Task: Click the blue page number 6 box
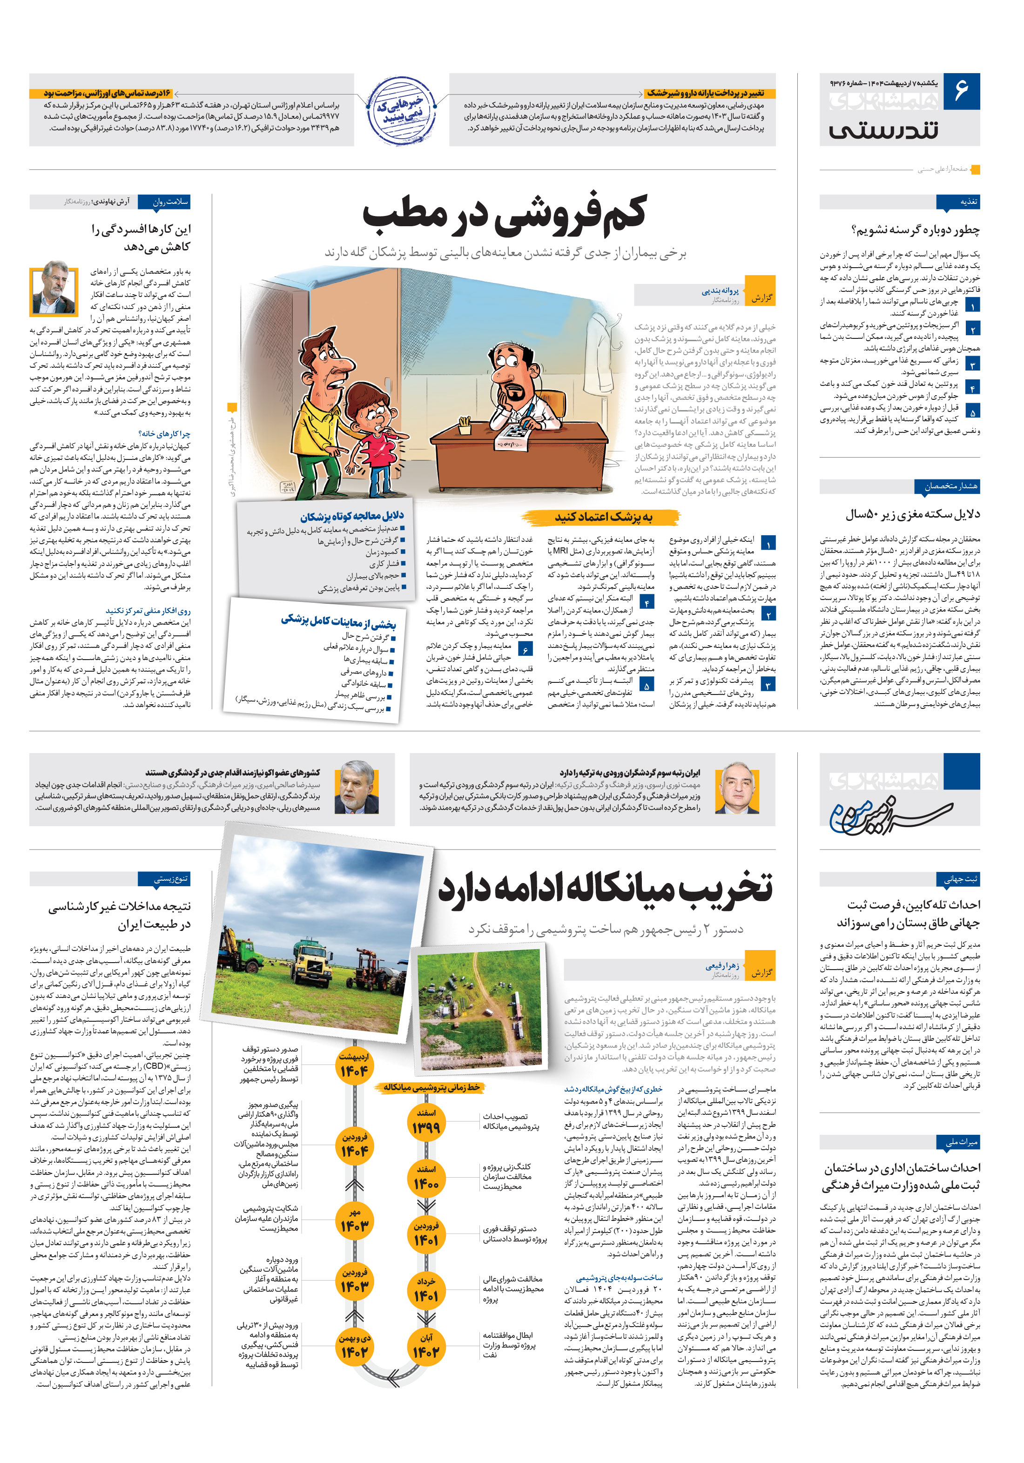tap(961, 91)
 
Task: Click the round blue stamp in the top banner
tap(402, 109)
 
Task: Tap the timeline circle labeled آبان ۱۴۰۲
tap(425, 1365)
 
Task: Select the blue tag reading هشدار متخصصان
tap(948, 486)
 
